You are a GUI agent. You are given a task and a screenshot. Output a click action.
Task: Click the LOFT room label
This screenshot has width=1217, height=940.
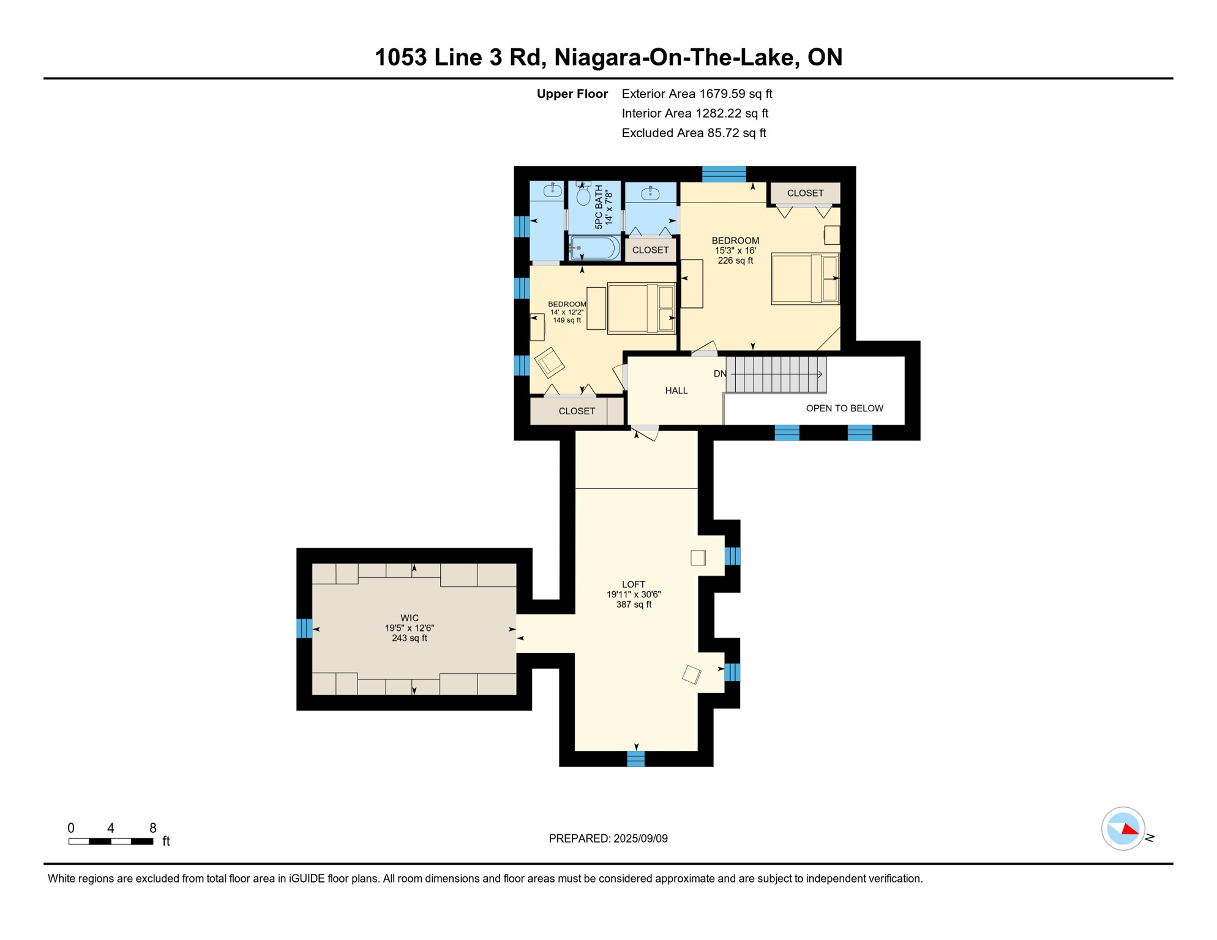click(634, 585)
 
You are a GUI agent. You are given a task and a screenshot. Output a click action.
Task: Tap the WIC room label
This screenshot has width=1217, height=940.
click(410, 619)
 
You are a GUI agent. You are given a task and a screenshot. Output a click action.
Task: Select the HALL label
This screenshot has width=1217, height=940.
click(676, 390)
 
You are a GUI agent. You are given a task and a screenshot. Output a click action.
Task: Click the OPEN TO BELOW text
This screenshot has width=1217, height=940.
click(844, 408)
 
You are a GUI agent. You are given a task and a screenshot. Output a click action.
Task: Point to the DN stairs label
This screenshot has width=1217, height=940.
click(720, 374)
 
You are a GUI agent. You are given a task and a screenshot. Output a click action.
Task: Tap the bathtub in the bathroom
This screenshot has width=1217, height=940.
click(594, 248)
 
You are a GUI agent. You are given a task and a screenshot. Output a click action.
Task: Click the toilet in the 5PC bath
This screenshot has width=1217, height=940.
click(583, 195)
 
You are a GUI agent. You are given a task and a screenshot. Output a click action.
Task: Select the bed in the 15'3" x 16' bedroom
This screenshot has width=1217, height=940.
click(804, 278)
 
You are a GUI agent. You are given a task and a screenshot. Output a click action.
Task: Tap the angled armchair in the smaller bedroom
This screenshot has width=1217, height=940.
click(549, 362)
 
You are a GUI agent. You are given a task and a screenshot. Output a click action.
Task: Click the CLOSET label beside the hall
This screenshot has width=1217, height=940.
click(577, 411)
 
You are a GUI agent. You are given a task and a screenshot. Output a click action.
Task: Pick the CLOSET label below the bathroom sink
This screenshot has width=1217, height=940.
click(650, 250)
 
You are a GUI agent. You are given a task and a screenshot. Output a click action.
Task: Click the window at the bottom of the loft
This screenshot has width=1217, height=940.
click(636, 759)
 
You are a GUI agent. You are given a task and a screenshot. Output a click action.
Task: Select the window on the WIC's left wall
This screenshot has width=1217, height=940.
click(304, 629)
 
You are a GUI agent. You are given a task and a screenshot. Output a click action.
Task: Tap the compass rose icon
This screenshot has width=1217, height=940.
click(1123, 829)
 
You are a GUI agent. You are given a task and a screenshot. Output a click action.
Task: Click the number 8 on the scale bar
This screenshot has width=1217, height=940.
click(153, 828)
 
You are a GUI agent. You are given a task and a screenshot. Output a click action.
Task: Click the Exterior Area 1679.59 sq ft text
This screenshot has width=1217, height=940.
click(697, 94)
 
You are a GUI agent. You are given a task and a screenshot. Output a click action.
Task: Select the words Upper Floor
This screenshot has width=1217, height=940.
click(572, 94)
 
